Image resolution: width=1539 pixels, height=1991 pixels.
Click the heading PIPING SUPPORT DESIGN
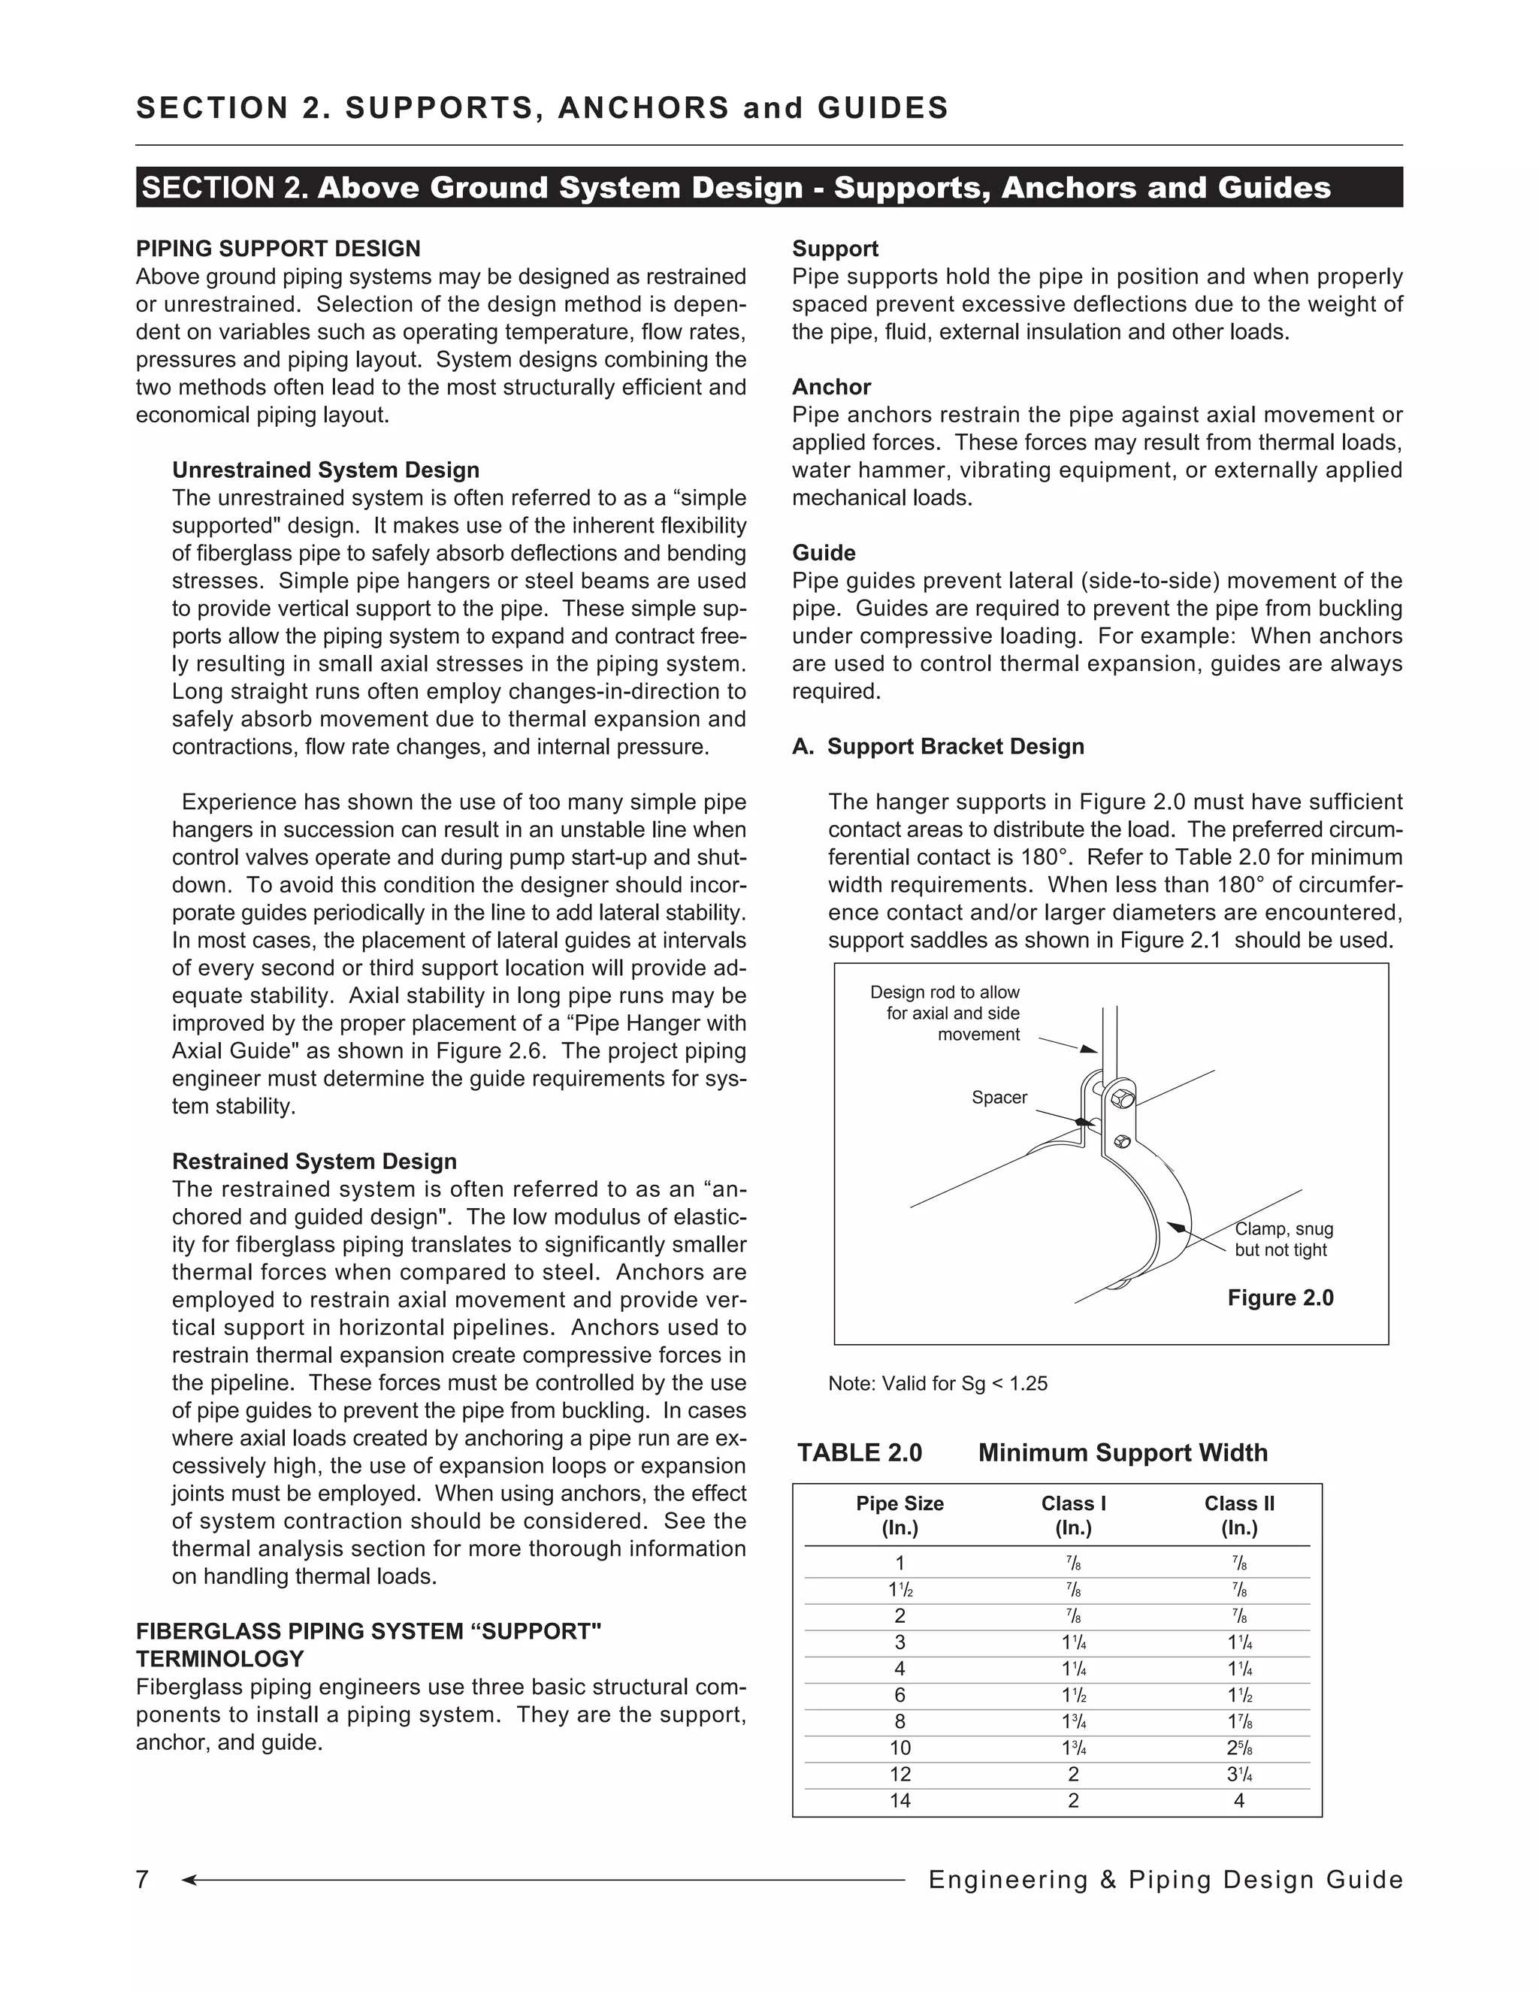tap(278, 249)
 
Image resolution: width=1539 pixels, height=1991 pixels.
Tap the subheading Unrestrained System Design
tap(325, 470)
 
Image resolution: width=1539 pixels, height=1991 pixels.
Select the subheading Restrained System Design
tap(315, 1162)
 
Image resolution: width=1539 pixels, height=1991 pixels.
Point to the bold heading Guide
tap(824, 554)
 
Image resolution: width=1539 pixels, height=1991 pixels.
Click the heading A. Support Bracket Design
tap(938, 747)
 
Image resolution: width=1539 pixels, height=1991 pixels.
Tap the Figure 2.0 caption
tap(1279, 1298)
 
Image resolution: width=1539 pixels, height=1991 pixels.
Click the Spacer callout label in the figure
tap(999, 1098)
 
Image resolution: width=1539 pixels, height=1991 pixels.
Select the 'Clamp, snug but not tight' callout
tap(1283, 1240)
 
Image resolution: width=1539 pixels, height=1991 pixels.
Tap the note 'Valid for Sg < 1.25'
tap(937, 1384)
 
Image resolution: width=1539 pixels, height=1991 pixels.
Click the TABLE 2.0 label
tap(859, 1453)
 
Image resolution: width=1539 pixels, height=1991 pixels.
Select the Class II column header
tap(1238, 1515)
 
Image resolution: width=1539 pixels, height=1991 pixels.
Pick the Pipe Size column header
tap(899, 1515)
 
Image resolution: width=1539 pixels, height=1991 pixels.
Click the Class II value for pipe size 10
tap(1238, 1748)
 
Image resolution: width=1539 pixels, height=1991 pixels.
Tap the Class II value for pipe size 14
tap(1238, 1800)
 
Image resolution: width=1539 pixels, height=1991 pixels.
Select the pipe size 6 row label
tap(899, 1695)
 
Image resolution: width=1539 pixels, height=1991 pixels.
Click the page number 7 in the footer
tap(142, 1880)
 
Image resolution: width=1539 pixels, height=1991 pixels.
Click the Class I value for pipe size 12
tap(1073, 1774)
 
